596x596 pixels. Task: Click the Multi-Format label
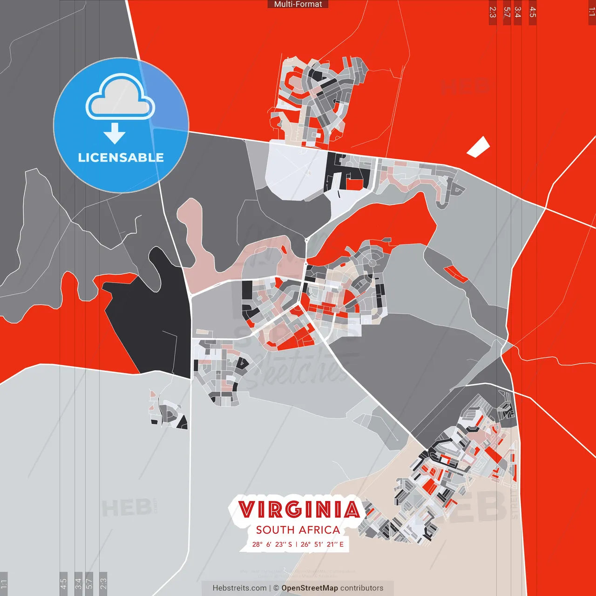coord(298,4)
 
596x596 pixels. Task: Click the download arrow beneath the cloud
coord(115,133)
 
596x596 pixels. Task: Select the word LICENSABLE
coord(121,157)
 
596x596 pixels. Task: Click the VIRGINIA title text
coord(299,510)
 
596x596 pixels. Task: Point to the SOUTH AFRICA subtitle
coord(298,530)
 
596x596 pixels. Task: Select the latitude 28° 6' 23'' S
coord(272,544)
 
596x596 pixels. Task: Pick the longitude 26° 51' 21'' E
coord(322,544)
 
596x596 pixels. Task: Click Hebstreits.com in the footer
coord(239,588)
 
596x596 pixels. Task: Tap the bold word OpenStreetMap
coord(310,588)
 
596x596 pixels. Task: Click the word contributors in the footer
coord(362,588)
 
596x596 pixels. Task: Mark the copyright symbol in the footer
coord(276,588)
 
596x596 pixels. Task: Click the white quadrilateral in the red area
coord(479,147)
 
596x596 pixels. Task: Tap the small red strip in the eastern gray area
coord(456,274)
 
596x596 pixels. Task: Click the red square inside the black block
coord(354,184)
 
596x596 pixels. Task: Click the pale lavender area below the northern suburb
coord(293,170)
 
